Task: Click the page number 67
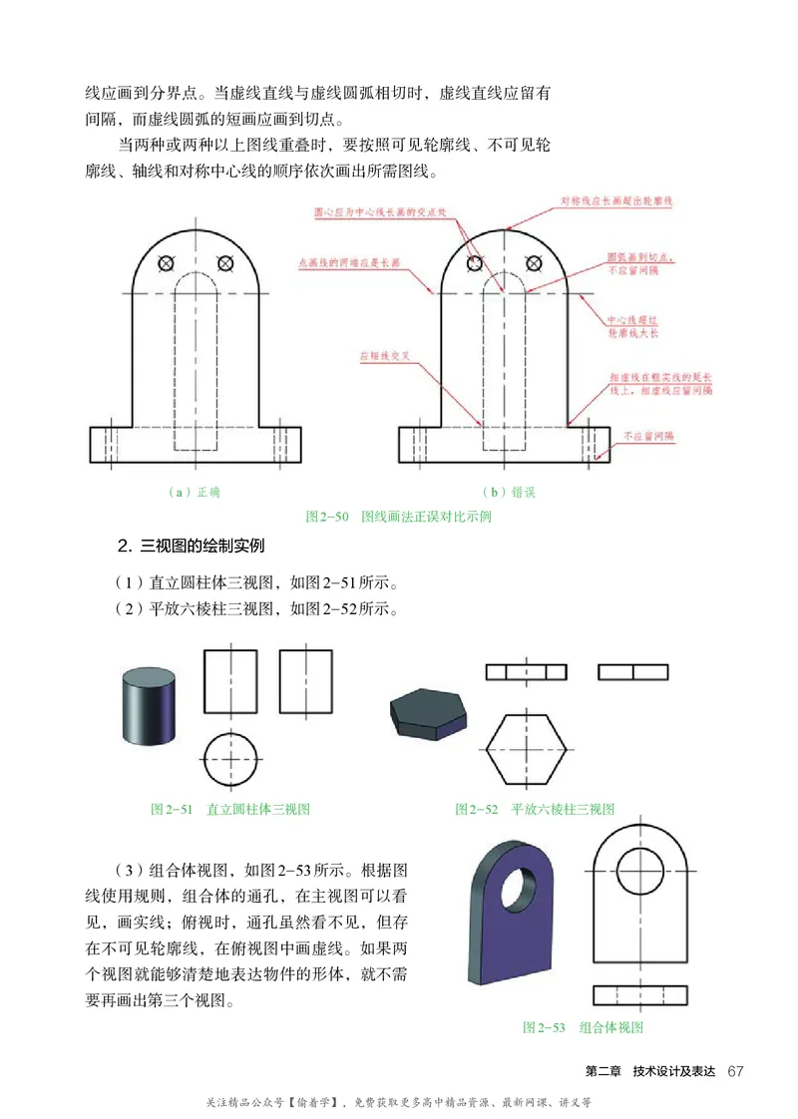coord(736,1071)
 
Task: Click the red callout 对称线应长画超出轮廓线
coord(616,201)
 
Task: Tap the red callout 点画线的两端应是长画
coord(349,263)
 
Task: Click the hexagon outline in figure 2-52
coord(528,749)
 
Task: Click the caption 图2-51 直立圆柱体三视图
coord(237,809)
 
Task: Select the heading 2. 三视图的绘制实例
coord(190,546)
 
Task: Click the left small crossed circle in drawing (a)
coord(167,263)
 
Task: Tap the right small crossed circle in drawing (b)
coord(534,263)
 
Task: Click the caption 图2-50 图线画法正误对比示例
coord(399,517)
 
